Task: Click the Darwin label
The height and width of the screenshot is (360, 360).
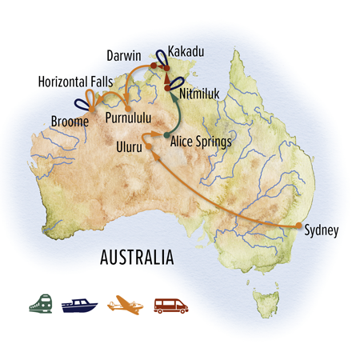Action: tap(122, 56)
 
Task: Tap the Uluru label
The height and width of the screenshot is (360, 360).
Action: tap(128, 149)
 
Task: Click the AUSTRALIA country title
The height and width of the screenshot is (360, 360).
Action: tap(135, 258)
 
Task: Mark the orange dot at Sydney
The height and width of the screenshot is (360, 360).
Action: tap(298, 226)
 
